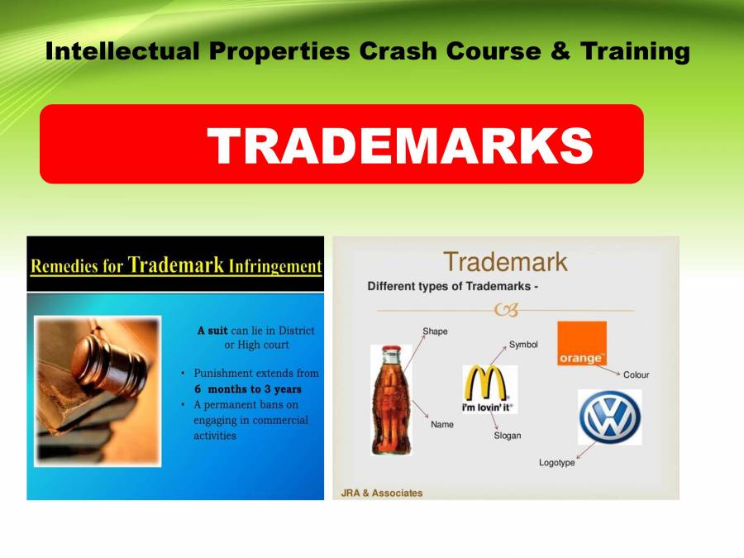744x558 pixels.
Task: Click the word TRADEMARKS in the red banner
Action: (x=400, y=146)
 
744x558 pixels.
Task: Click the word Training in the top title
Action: (x=635, y=51)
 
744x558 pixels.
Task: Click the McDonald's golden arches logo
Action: (x=488, y=384)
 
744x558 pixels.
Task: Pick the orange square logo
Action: (x=582, y=343)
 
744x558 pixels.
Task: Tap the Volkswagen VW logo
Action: (x=609, y=417)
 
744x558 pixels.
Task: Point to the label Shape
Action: (x=435, y=331)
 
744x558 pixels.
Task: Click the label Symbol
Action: (x=523, y=344)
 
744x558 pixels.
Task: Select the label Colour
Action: (x=637, y=374)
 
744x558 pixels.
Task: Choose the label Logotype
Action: (x=556, y=463)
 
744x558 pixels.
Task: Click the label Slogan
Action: (x=508, y=436)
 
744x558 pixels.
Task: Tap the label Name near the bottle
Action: (x=442, y=425)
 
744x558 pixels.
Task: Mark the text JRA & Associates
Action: (x=382, y=494)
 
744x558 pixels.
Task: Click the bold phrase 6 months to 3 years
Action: (x=248, y=389)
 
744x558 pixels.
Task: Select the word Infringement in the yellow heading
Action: (x=278, y=267)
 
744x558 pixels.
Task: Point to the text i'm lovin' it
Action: (x=488, y=408)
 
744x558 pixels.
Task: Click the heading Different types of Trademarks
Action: (x=455, y=287)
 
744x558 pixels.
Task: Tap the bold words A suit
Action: (x=212, y=331)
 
